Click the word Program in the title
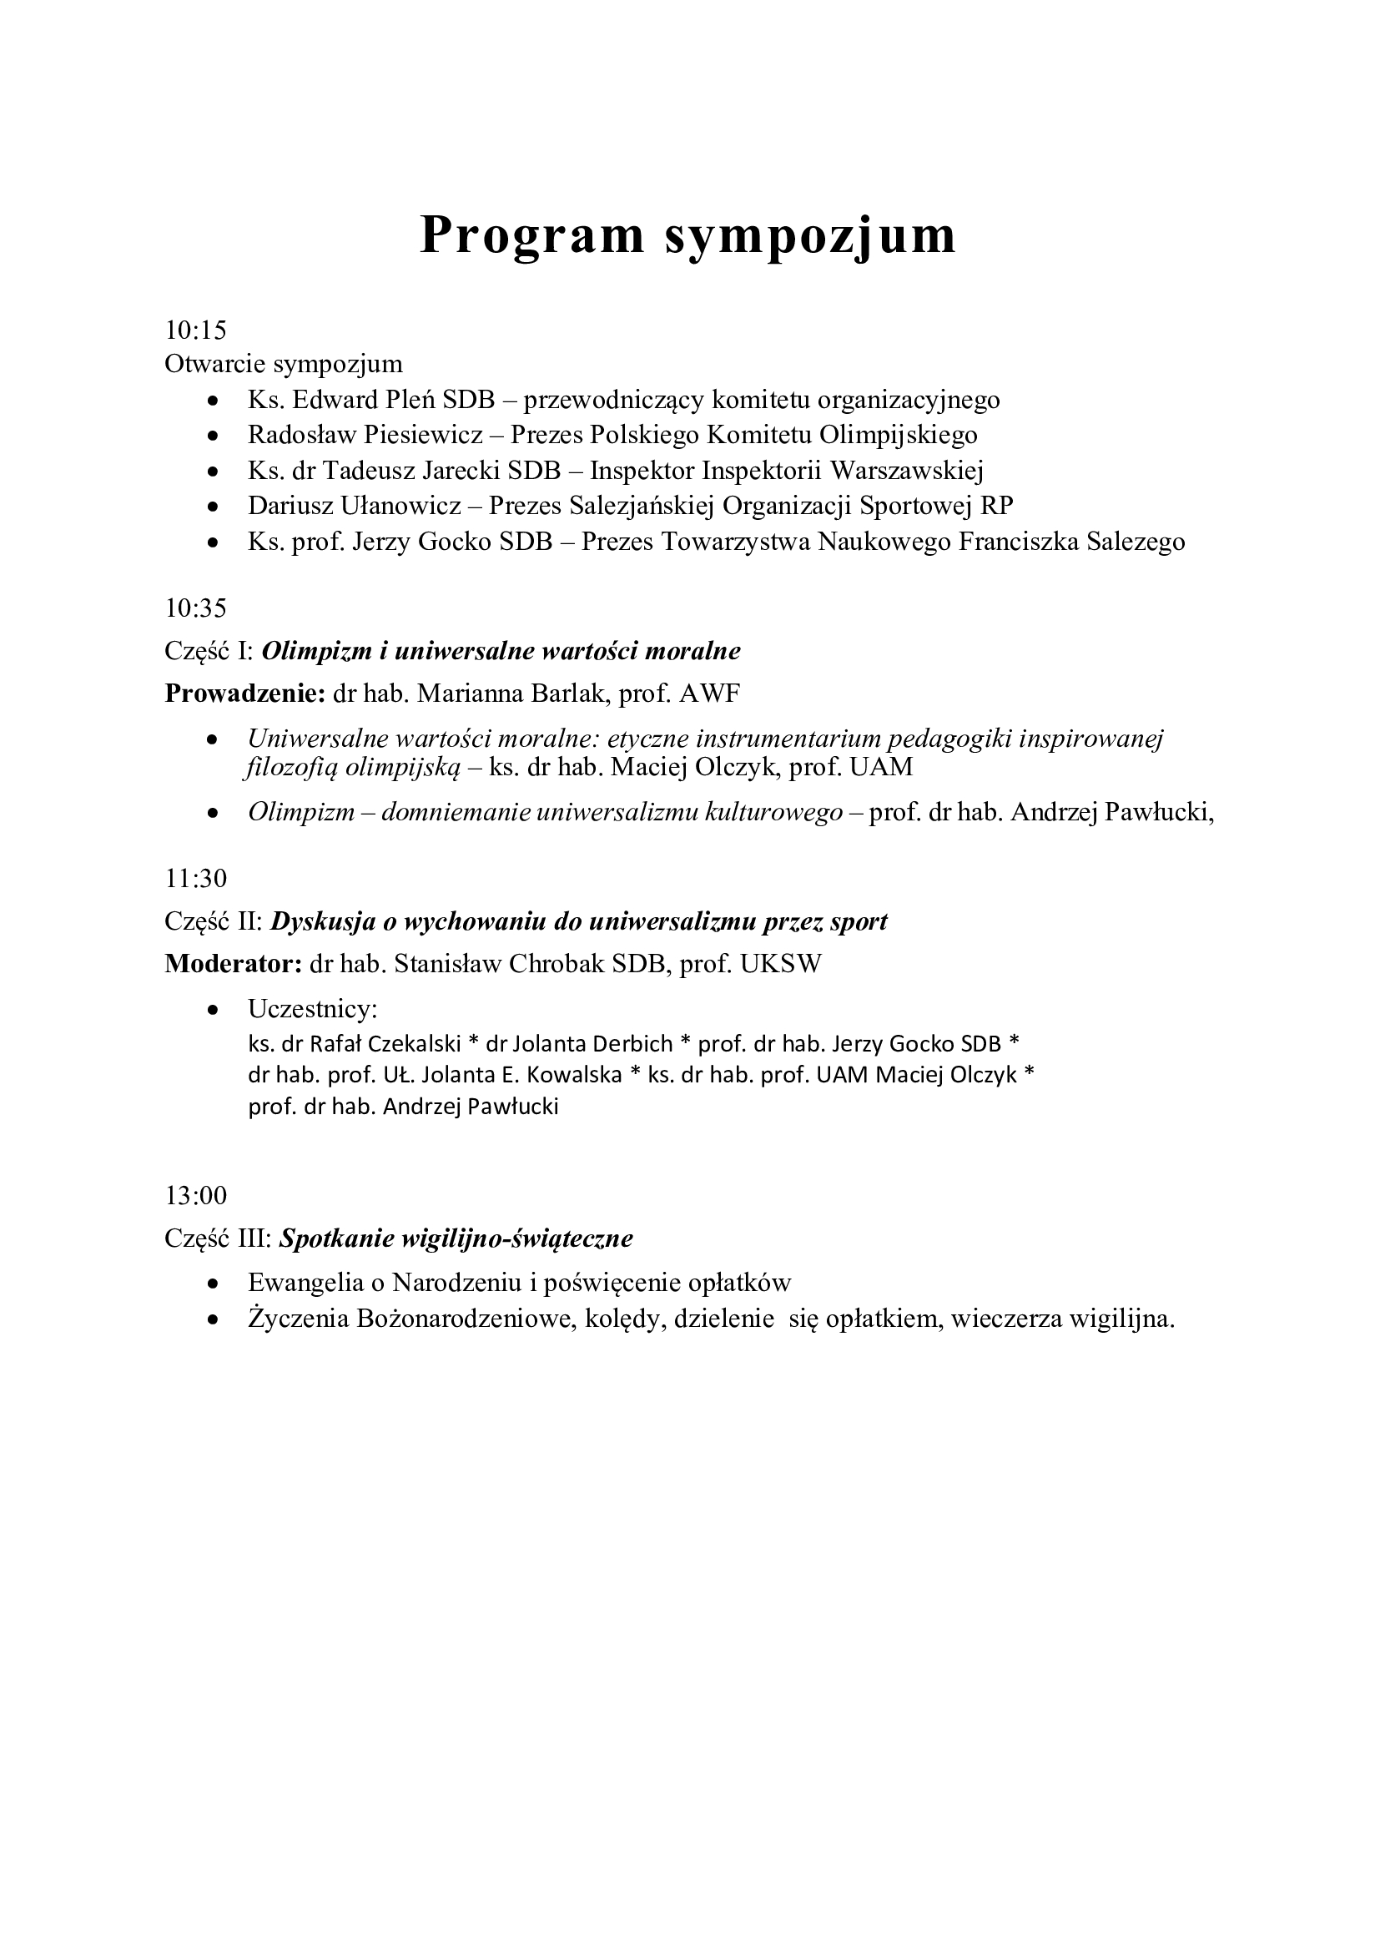[532, 235]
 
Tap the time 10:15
[195, 330]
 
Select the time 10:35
[195, 608]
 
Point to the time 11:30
[195, 878]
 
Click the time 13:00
[195, 1196]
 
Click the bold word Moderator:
[234, 964]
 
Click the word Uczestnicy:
[313, 1009]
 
